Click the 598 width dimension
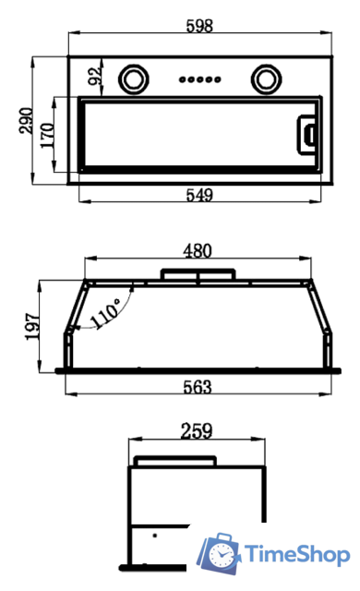199,26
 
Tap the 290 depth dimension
27,120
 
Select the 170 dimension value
48,135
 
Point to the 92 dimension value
95,76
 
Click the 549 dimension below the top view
199,195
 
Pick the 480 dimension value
198,251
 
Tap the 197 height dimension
32,326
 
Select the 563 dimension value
198,387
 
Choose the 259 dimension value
197,431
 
